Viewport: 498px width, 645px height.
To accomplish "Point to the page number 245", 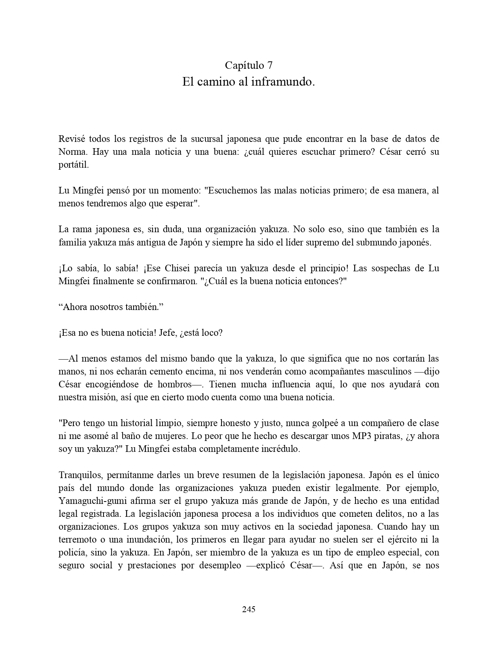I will click(x=249, y=609).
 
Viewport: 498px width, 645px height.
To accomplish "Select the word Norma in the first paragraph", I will click(x=70, y=152).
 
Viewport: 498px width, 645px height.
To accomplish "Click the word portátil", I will click(x=74, y=165).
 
